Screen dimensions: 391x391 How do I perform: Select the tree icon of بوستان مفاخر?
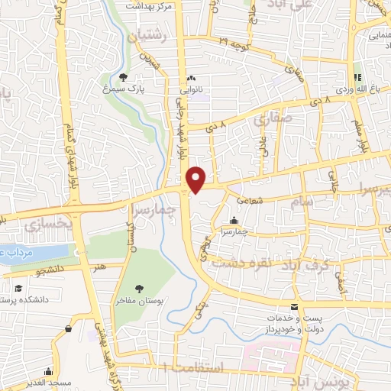point(139,288)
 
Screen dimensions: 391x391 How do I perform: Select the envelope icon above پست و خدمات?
point(294,306)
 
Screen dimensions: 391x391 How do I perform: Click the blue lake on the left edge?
point(27,255)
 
